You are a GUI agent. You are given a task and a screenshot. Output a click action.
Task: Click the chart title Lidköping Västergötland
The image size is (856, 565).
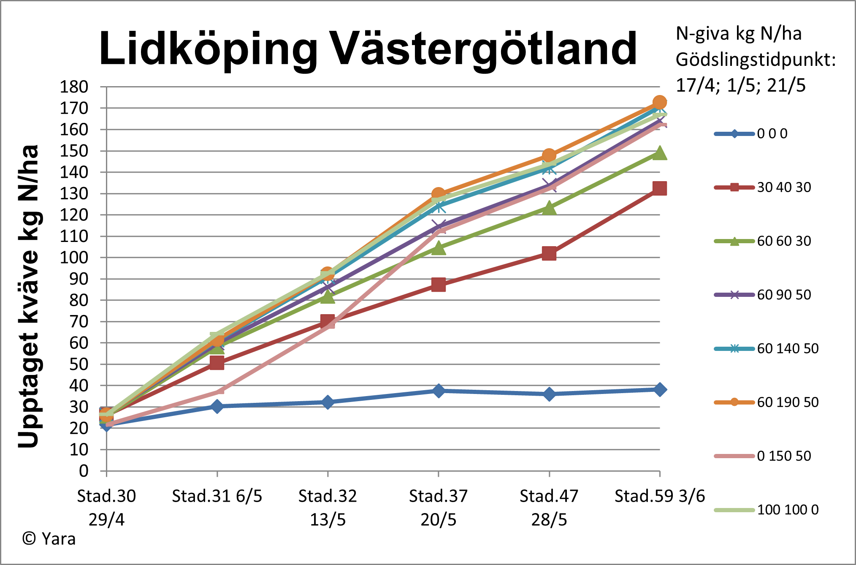367,49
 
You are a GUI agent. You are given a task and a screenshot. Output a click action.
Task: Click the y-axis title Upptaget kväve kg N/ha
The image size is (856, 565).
29,296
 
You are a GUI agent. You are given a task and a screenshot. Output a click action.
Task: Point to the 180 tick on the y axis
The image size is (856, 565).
74,87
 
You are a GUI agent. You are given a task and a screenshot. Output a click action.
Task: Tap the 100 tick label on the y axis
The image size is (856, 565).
74,258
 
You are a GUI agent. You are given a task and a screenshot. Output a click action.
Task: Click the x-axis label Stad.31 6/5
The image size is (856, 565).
217,496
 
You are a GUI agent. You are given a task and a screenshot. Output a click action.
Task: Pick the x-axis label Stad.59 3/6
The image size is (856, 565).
659,496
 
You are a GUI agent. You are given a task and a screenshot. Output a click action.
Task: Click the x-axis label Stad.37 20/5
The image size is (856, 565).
438,508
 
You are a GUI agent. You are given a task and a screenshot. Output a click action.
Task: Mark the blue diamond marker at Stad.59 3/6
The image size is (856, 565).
660,389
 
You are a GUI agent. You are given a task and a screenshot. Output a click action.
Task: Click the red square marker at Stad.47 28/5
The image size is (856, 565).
549,254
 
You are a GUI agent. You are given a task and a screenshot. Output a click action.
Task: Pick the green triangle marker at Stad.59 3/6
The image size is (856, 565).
660,153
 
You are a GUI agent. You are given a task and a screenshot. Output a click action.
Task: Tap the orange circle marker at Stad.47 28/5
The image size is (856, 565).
549,155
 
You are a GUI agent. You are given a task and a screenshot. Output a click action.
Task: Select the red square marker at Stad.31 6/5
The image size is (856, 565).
217,363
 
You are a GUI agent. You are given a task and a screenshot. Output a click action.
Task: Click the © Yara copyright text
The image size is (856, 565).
49,539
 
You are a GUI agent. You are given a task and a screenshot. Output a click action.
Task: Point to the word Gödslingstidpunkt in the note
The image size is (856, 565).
756,60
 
